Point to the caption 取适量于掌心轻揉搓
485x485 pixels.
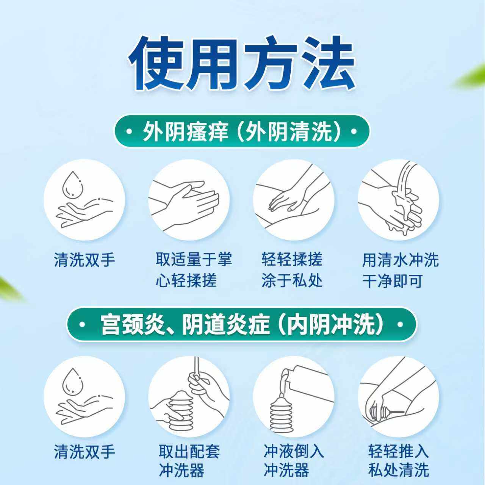[193, 270]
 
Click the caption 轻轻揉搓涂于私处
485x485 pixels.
[292, 270]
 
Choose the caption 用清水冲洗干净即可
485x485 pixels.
[400, 270]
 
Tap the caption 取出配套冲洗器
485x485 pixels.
[189, 461]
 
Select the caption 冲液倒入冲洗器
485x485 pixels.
[294, 461]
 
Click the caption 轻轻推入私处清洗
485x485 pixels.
[398, 461]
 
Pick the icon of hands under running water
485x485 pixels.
[398, 200]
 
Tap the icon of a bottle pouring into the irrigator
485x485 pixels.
[294, 396]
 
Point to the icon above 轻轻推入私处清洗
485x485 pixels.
[398, 396]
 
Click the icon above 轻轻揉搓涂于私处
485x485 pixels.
[294, 200]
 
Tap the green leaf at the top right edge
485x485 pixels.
[472, 78]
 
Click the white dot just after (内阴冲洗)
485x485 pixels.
[401, 325]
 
